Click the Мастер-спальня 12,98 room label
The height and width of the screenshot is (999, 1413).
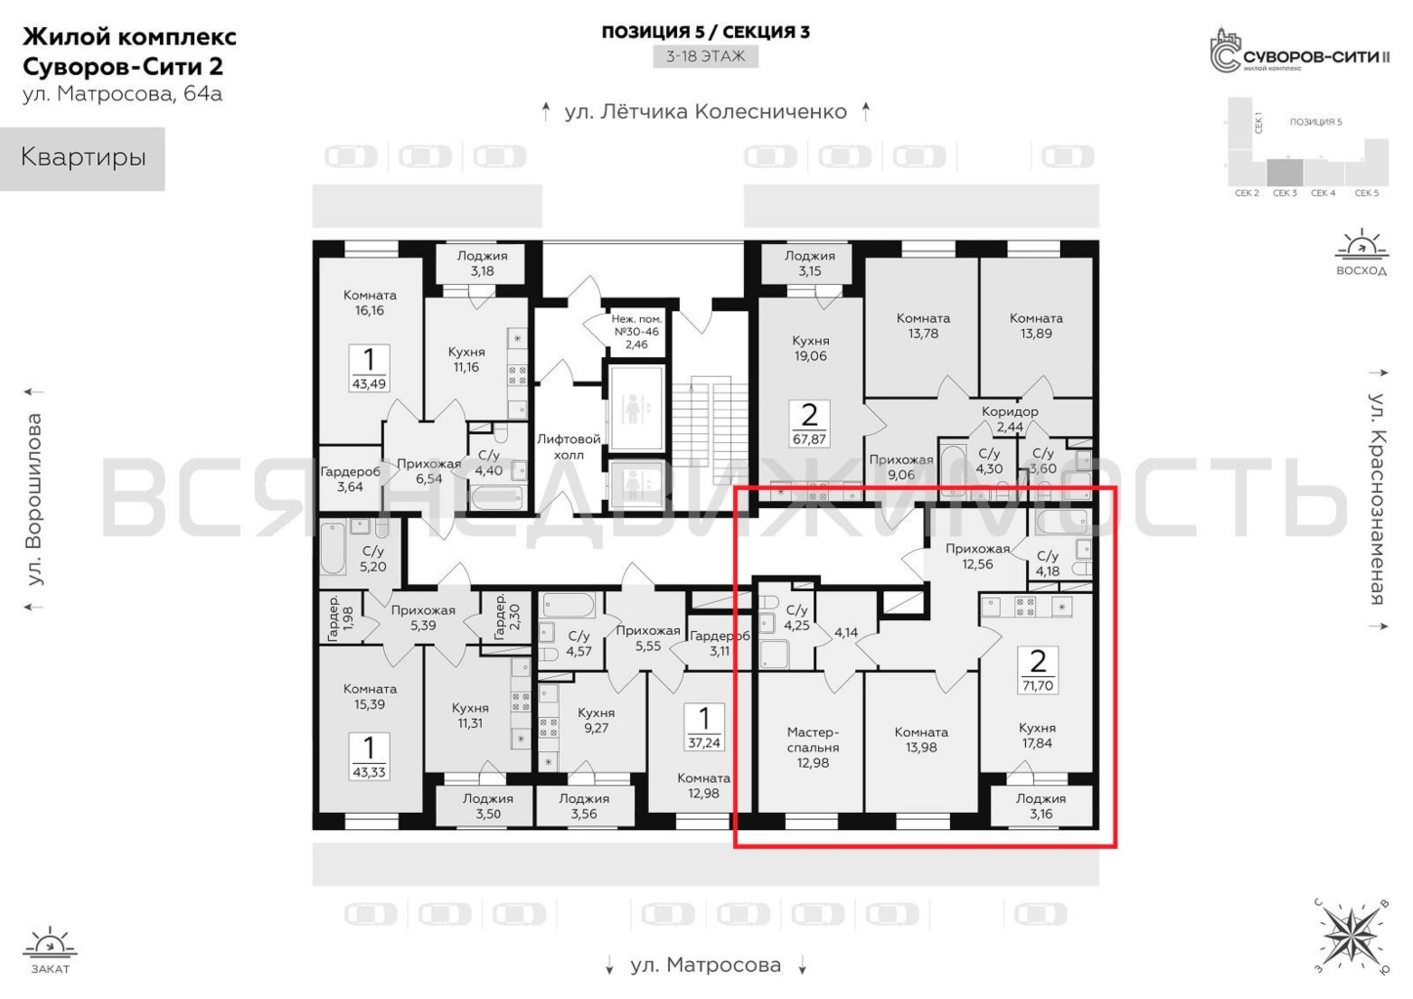(813, 747)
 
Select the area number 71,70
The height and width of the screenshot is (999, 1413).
(1038, 686)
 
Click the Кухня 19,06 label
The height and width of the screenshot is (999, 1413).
(810, 348)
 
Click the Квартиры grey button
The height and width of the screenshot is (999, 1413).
(82, 158)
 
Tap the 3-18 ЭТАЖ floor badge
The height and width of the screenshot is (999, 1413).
(706, 56)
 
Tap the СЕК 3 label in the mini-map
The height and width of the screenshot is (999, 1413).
(1284, 193)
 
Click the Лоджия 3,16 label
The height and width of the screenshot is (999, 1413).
(1041, 806)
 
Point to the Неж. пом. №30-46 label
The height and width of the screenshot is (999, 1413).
(636, 332)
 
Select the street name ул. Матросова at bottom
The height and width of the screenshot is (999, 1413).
(706, 965)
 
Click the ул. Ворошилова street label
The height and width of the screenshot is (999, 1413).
(34, 499)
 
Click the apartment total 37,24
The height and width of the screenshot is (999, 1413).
(704, 743)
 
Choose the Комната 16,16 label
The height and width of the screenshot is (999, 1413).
(369, 303)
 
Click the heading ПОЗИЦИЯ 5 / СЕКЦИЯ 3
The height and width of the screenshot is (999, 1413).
(706, 32)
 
